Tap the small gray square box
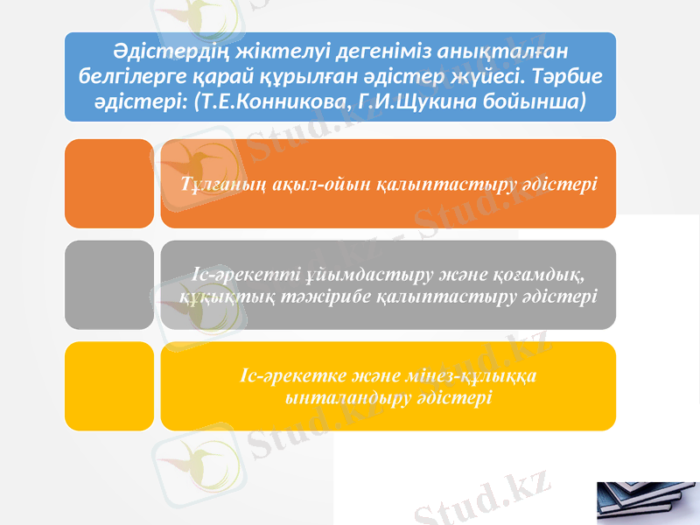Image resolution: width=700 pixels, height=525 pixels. pos(109,285)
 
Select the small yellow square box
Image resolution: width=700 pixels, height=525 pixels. pos(109,386)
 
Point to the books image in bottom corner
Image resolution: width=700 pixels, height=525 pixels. pos(647,502)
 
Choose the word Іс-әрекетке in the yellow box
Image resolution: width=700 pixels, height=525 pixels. pos(290,377)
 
